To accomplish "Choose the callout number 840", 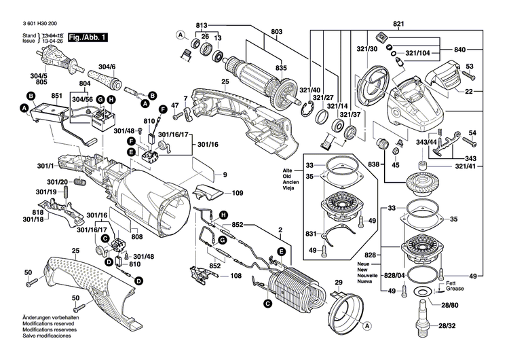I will pos(459,50).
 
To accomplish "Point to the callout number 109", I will pos(238,193).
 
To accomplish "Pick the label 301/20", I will pos(57,181).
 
